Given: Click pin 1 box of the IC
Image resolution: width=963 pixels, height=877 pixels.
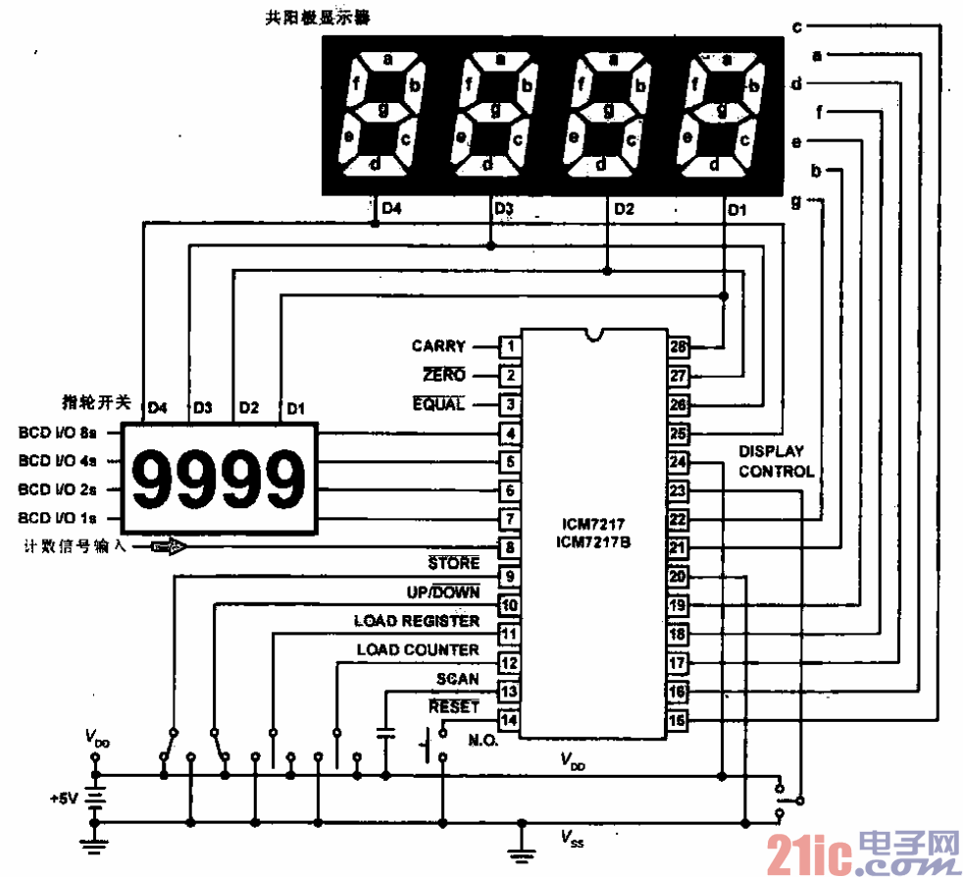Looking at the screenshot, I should click(509, 346).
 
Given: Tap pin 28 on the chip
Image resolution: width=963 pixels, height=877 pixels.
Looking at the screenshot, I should click(679, 346).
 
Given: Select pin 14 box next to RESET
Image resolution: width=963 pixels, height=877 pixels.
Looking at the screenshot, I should click(509, 720).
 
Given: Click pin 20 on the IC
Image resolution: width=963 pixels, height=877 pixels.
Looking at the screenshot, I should click(679, 577).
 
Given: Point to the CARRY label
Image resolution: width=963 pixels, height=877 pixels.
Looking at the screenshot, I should click(438, 346).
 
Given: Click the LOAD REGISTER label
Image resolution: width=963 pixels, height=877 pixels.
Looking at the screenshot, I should click(417, 621).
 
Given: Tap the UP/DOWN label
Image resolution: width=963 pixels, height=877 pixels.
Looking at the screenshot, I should click(443, 593).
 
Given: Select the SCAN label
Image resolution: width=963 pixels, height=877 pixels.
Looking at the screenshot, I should click(458, 679).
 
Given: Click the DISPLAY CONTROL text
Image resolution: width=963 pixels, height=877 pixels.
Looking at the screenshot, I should click(776, 461).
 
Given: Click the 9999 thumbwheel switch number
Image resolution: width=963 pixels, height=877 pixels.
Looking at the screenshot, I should click(219, 480).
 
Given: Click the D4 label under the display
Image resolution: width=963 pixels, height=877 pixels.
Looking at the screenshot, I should click(391, 208).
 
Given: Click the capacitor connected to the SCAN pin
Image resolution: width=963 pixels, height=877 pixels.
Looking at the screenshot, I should click(385, 734).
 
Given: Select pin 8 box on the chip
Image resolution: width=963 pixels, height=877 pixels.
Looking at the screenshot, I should click(509, 547).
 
